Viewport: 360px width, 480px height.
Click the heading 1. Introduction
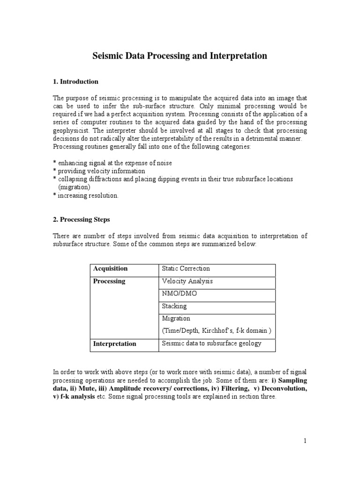75,82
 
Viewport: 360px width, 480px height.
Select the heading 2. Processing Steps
81,219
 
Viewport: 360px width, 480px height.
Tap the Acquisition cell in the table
111,269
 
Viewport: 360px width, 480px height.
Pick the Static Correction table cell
186,269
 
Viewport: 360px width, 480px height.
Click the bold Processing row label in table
109,281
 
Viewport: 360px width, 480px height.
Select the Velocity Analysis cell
187,281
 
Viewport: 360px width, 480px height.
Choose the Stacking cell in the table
174,306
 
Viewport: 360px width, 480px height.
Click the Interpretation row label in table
115,344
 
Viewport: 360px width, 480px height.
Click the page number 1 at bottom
304,441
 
